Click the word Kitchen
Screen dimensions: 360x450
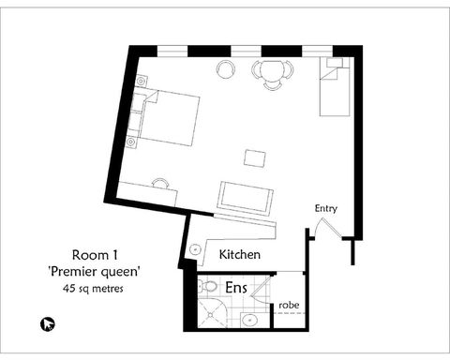(x=239, y=255)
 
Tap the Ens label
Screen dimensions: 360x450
(x=236, y=288)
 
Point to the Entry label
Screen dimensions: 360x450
(x=325, y=208)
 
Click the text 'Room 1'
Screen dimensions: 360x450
(x=94, y=255)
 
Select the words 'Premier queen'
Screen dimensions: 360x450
(x=94, y=272)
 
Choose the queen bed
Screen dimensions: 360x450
(x=169, y=118)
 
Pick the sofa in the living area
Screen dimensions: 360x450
(x=246, y=196)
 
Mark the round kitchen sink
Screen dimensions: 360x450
(x=194, y=249)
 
